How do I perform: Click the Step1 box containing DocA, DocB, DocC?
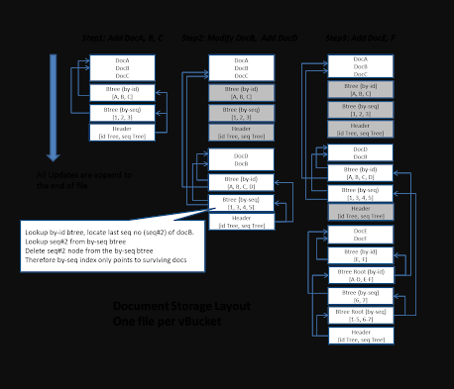coord(122,67)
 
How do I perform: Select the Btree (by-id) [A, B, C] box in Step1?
coord(122,93)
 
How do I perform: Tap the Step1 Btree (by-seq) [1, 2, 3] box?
coord(122,112)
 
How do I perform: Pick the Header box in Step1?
coord(122,131)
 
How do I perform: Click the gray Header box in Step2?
coord(241,131)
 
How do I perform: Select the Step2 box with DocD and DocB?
coord(241,159)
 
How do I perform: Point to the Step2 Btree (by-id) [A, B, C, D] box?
coord(241,182)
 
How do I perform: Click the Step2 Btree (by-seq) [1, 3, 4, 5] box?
coord(241,202)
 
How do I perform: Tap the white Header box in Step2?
coord(241,222)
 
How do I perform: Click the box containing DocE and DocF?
coord(361,234)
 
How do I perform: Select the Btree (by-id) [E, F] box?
coord(361,256)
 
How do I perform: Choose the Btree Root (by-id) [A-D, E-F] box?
coord(361,276)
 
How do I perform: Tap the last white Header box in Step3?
coord(361,336)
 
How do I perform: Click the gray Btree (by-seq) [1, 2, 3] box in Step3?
coord(361,109)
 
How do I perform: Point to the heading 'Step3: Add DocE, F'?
coord(360,38)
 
